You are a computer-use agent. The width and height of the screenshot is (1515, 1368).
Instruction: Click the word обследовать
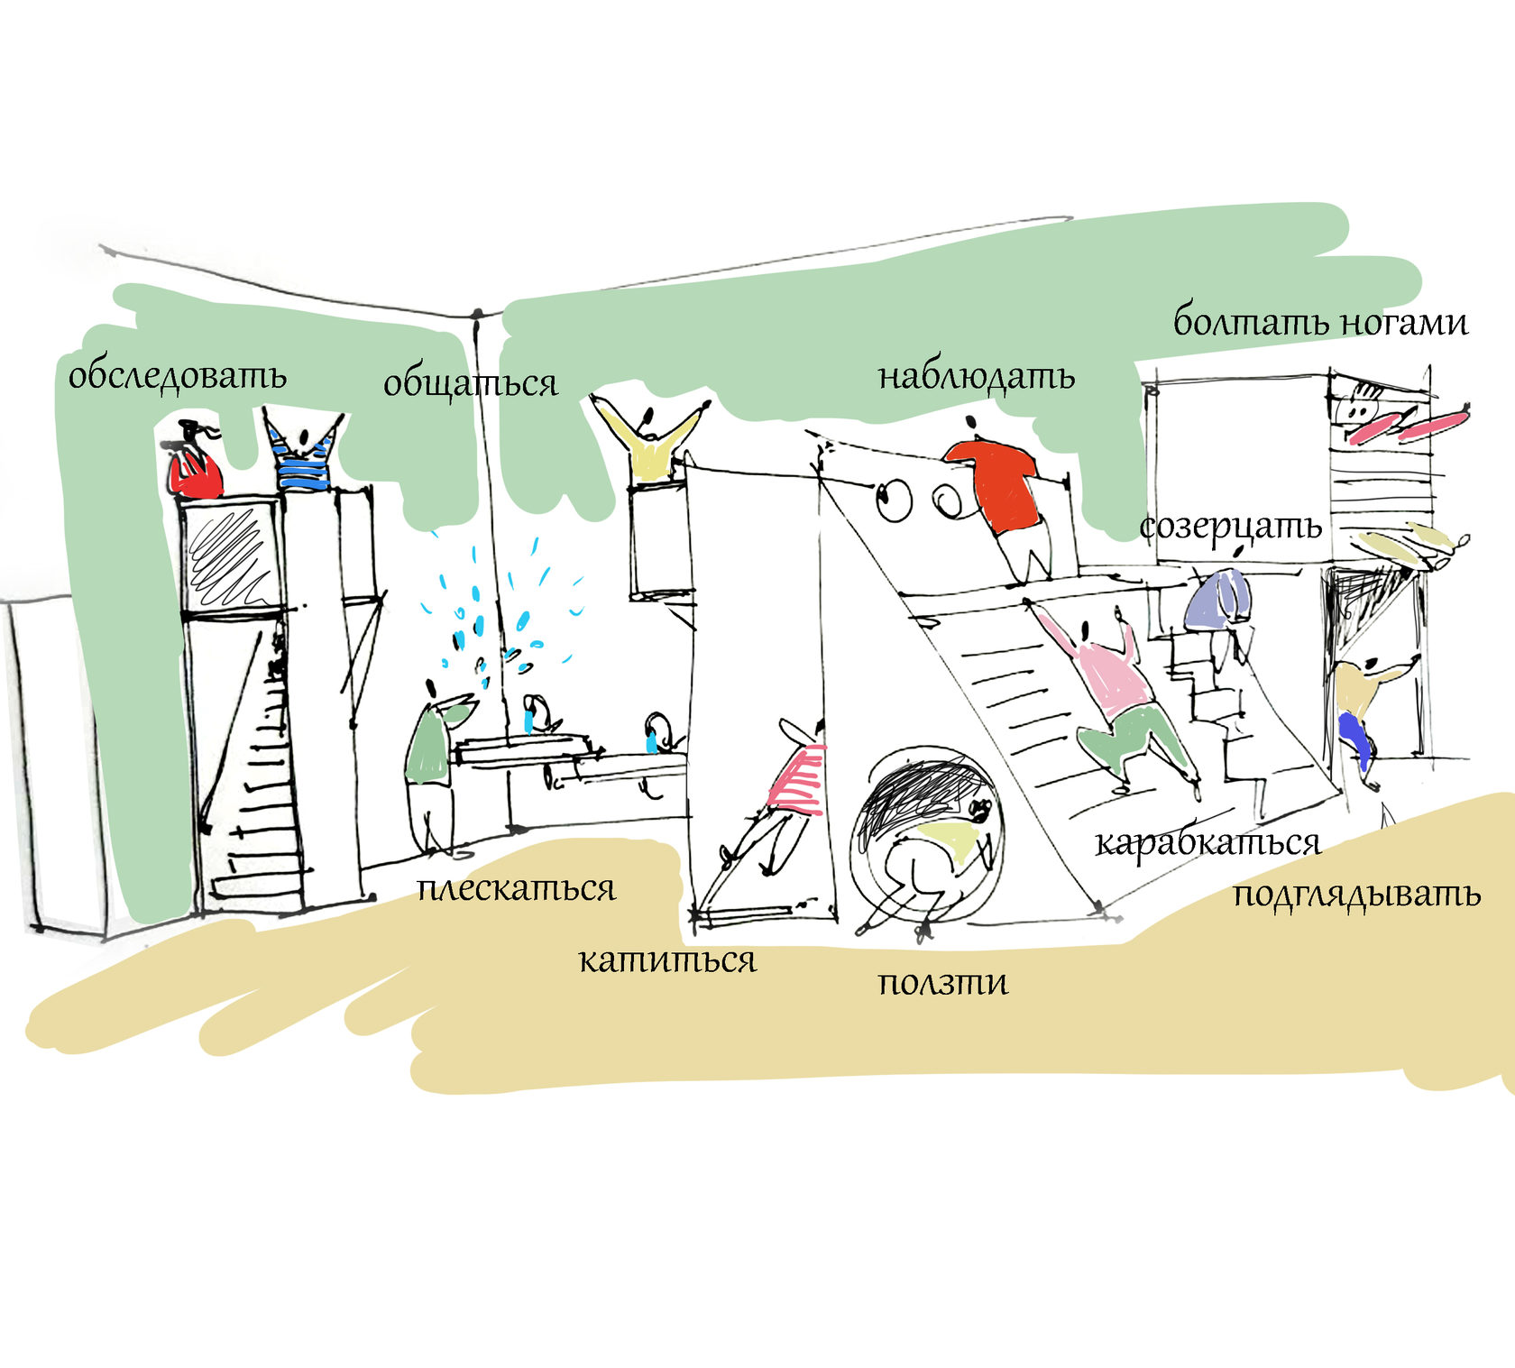pyautogui.click(x=178, y=376)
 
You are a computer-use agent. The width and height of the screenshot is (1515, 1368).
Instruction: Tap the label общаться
pyautogui.click(x=470, y=383)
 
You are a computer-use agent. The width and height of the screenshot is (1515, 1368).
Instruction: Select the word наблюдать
pyautogui.click(x=976, y=377)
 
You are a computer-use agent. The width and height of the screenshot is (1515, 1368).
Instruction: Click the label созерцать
pyautogui.click(x=1230, y=528)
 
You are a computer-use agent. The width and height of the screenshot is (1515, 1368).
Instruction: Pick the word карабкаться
pyautogui.click(x=1207, y=844)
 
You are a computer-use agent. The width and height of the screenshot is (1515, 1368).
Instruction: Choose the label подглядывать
pyautogui.click(x=1356, y=895)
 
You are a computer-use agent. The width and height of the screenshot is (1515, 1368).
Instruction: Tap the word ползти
pyautogui.click(x=942, y=982)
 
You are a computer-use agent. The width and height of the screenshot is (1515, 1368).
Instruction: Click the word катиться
pyautogui.click(x=666, y=960)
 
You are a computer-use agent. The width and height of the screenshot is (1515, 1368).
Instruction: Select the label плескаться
pyautogui.click(x=516, y=889)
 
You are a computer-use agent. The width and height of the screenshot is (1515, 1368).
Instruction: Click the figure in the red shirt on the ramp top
pyautogui.click(x=1001, y=491)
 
